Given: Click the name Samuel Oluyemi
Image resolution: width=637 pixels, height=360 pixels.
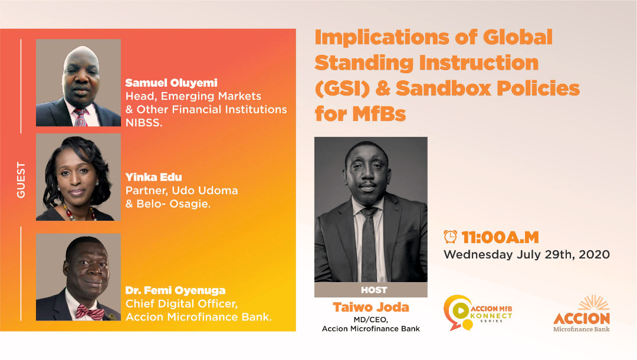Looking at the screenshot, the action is click(x=171, y=83).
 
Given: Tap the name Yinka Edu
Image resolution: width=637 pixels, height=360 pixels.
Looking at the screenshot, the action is click(x=153, y=177).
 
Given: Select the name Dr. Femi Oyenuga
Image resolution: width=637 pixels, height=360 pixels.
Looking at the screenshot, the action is click(x=176, y=290).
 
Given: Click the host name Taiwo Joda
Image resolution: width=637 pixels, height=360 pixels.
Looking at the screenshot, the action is click(x=371, y=307).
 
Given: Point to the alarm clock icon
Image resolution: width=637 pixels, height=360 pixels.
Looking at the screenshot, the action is click(x=450, y=237).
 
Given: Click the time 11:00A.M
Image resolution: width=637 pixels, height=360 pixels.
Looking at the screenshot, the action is click(x=500, y=237).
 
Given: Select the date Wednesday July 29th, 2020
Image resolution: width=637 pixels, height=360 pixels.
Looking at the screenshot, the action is click(x=527, y=255).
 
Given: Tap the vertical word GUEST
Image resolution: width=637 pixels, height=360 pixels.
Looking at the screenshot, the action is click(x=21, y=180).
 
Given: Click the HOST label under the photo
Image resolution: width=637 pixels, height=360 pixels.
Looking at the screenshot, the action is click(x=374, y=290).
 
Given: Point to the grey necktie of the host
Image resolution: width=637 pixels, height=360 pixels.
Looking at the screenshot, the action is click(x=369, y=244).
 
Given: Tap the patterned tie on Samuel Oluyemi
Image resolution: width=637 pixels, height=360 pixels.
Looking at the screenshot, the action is click(x=80, y=117).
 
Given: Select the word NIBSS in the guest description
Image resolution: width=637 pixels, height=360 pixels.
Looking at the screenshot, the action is click(x=144, y=123).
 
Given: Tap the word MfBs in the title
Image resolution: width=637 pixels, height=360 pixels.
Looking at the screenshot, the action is click(x=379, y=113).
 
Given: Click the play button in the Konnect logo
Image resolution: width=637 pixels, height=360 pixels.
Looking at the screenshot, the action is click(x=460, y=311).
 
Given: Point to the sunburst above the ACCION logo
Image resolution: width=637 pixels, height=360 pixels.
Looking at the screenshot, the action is click(x=593, y=303).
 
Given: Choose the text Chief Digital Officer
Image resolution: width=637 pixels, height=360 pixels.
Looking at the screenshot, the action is click(x=182, y=304).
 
